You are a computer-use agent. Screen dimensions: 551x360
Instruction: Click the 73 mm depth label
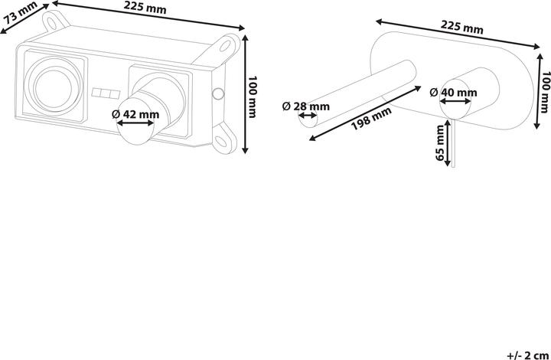click(21, 14)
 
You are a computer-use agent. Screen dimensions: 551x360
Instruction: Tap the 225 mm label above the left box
click(145, 8)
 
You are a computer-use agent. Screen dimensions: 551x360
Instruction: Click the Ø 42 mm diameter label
click(135, 114)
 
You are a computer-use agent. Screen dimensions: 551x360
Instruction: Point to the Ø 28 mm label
click(306, 106)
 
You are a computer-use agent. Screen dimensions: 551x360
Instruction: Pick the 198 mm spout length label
click(371, 119)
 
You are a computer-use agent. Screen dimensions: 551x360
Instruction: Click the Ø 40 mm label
click(453, 93)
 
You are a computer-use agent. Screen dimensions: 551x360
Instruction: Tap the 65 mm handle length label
click(440, 142)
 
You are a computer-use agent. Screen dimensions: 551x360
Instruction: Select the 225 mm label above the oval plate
click(461, 28)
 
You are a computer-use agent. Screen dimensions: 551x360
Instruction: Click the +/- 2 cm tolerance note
click(528, 355)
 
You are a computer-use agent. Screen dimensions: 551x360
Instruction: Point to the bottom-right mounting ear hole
click(221, 141)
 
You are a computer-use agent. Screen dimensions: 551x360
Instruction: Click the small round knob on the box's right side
click(218, 94)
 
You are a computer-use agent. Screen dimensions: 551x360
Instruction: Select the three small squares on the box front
click(106, 94)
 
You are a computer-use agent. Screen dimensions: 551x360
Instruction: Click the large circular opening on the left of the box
click(54, 88)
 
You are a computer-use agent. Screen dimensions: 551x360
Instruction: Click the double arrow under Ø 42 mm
click(135, 123)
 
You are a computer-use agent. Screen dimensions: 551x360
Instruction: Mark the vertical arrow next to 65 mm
click(448, 142)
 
